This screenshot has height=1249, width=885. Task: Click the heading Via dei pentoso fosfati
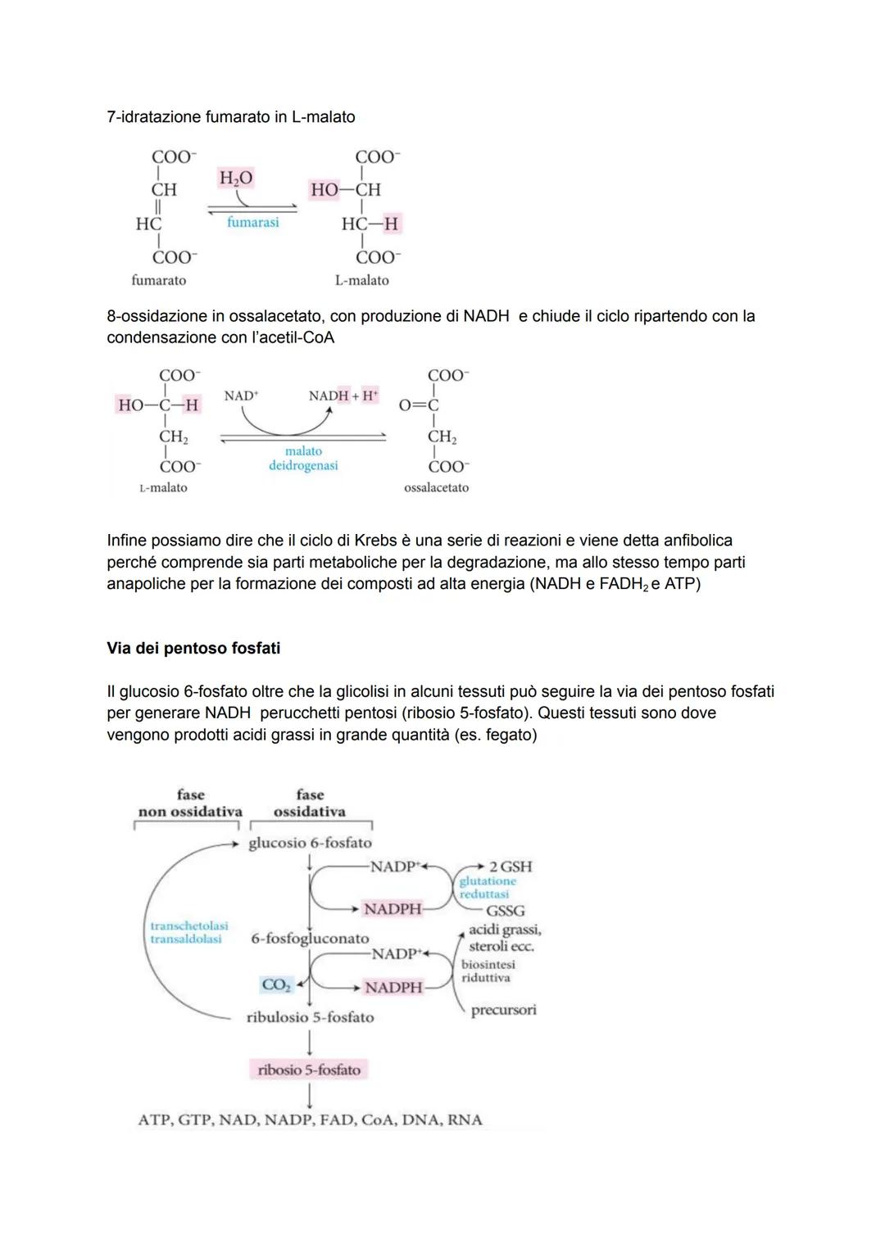pos(193,648)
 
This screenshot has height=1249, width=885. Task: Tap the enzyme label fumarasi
pos(252,222)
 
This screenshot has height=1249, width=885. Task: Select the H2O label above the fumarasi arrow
pos(236,178)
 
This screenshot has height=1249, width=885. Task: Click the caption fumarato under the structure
pos(158,280)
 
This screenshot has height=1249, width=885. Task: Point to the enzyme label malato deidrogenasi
pos(303,459)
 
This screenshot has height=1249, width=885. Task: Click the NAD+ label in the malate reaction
pos(241,396)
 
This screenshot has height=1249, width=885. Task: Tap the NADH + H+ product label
pos(343,396)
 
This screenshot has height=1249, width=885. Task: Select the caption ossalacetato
pos(436,487)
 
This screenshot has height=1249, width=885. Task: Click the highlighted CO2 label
pos(276,985)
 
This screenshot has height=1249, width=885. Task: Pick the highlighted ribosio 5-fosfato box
pos(309,1070)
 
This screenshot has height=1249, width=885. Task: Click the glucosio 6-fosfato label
pos(310,843)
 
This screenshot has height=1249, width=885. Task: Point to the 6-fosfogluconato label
pos(310,939)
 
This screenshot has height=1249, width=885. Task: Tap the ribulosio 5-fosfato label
pos(310,1017)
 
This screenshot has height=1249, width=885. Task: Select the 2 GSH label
pos(510,867)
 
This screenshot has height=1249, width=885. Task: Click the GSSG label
pos(505,911)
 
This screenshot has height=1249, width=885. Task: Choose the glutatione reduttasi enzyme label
pos(488,888)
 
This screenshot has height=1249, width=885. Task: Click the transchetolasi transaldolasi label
pos(188,932)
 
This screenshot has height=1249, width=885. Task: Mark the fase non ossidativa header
pos(190,803)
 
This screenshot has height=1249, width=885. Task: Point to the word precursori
pos(503,1010)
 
